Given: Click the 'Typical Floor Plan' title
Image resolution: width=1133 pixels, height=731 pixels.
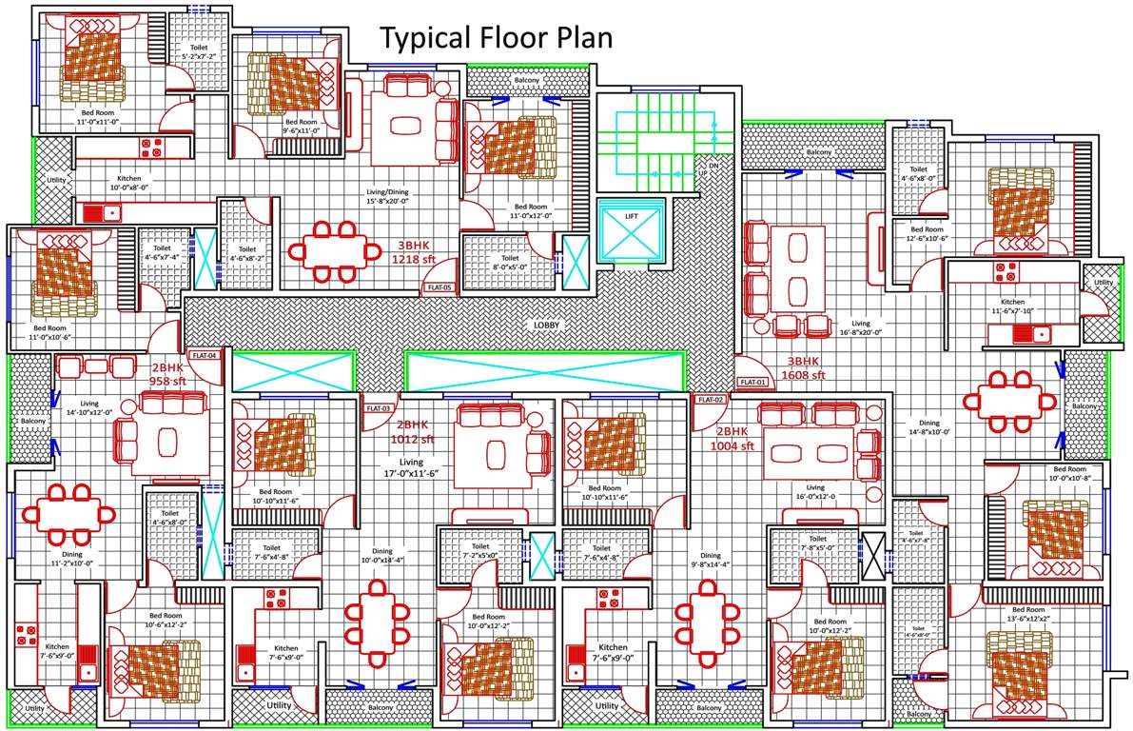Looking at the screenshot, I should pyautogui.click(x=496, y=38).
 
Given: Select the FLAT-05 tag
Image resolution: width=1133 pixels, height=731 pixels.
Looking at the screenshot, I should pyautogui.click(x=440, y=286).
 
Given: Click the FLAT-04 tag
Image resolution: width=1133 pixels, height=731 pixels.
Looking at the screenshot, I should pyautogui.click(x=205, y=355).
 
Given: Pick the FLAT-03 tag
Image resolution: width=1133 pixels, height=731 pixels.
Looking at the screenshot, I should pyautogui.click(x=379, y=408).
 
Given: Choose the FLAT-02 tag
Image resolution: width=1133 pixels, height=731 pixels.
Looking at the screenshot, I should pyautogui.click(x=711, y=400).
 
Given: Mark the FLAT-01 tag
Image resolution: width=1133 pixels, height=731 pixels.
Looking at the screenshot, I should pyautogui.click(x=752, y=383).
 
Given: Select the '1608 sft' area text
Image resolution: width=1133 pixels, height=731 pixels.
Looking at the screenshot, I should pyautogui.click(x=803, y=375).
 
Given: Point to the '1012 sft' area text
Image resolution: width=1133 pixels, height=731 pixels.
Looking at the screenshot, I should pyautogui.click(x=415, y=440).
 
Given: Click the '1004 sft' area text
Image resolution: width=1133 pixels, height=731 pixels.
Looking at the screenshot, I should pyautogui.click(x=736, y=445).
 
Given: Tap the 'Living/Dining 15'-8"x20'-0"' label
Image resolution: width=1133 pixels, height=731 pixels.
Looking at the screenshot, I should pyautogui.click(x=387, y=195).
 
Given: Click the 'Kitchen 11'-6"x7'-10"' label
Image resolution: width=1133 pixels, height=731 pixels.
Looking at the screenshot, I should pyautogui.click(x=1012, y=306).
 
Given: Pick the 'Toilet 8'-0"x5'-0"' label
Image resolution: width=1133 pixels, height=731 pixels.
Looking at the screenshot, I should pyautogui.click(x=510, y=262).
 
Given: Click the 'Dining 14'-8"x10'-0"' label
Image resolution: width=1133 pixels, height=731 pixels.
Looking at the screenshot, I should pyautogui.click(x=928, y=427).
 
